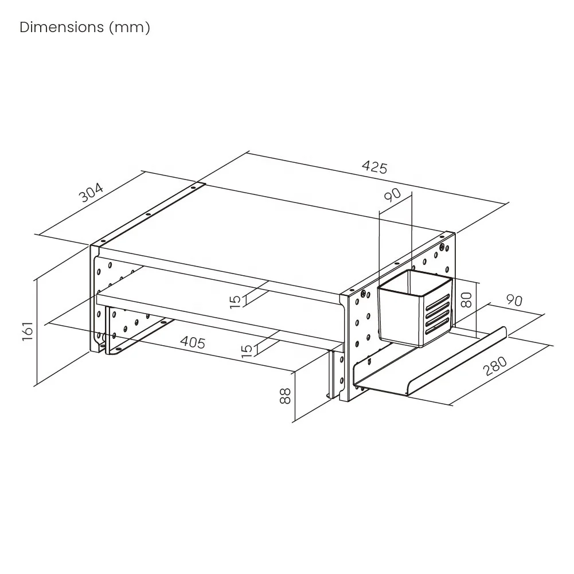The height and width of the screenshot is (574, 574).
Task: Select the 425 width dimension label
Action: point(374,167)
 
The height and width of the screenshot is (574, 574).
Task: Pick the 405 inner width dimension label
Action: point(193,342)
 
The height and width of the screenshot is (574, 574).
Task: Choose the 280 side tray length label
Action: point(495,366)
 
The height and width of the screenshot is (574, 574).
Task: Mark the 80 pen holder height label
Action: point(467,299)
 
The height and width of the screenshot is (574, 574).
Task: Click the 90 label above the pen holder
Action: point(393,196)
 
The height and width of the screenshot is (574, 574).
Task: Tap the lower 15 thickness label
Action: point(247,349)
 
